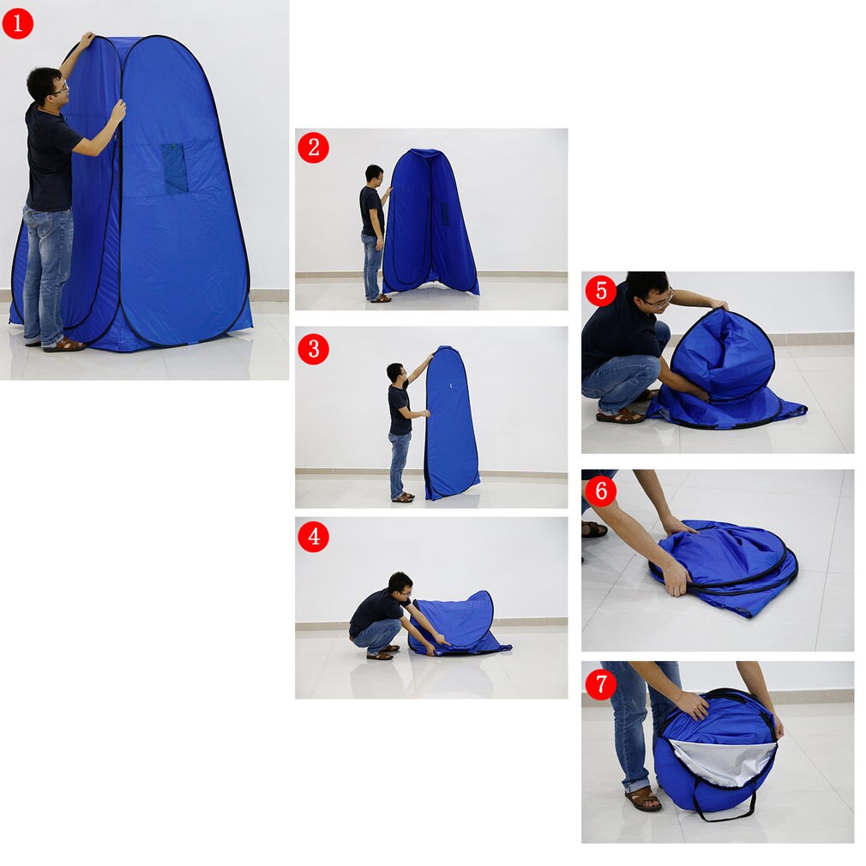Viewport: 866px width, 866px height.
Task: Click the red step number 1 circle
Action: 17,23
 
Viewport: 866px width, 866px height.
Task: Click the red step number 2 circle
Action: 313,147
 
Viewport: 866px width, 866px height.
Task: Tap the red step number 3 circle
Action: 313,349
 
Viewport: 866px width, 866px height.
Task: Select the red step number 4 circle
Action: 313,537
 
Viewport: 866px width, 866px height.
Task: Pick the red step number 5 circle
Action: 600,291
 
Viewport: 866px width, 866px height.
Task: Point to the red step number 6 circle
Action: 600,490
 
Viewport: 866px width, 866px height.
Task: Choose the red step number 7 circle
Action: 600,684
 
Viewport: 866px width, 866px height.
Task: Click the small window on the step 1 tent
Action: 175,167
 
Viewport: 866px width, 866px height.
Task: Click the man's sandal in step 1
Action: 64,345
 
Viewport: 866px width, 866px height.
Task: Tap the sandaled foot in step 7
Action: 643,799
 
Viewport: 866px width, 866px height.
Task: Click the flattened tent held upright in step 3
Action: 451,424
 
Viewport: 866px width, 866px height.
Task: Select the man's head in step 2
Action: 374,174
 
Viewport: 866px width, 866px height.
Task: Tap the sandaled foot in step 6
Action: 593,529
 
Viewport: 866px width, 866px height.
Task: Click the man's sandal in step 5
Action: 620,416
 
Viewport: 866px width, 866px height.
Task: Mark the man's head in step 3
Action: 394,372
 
